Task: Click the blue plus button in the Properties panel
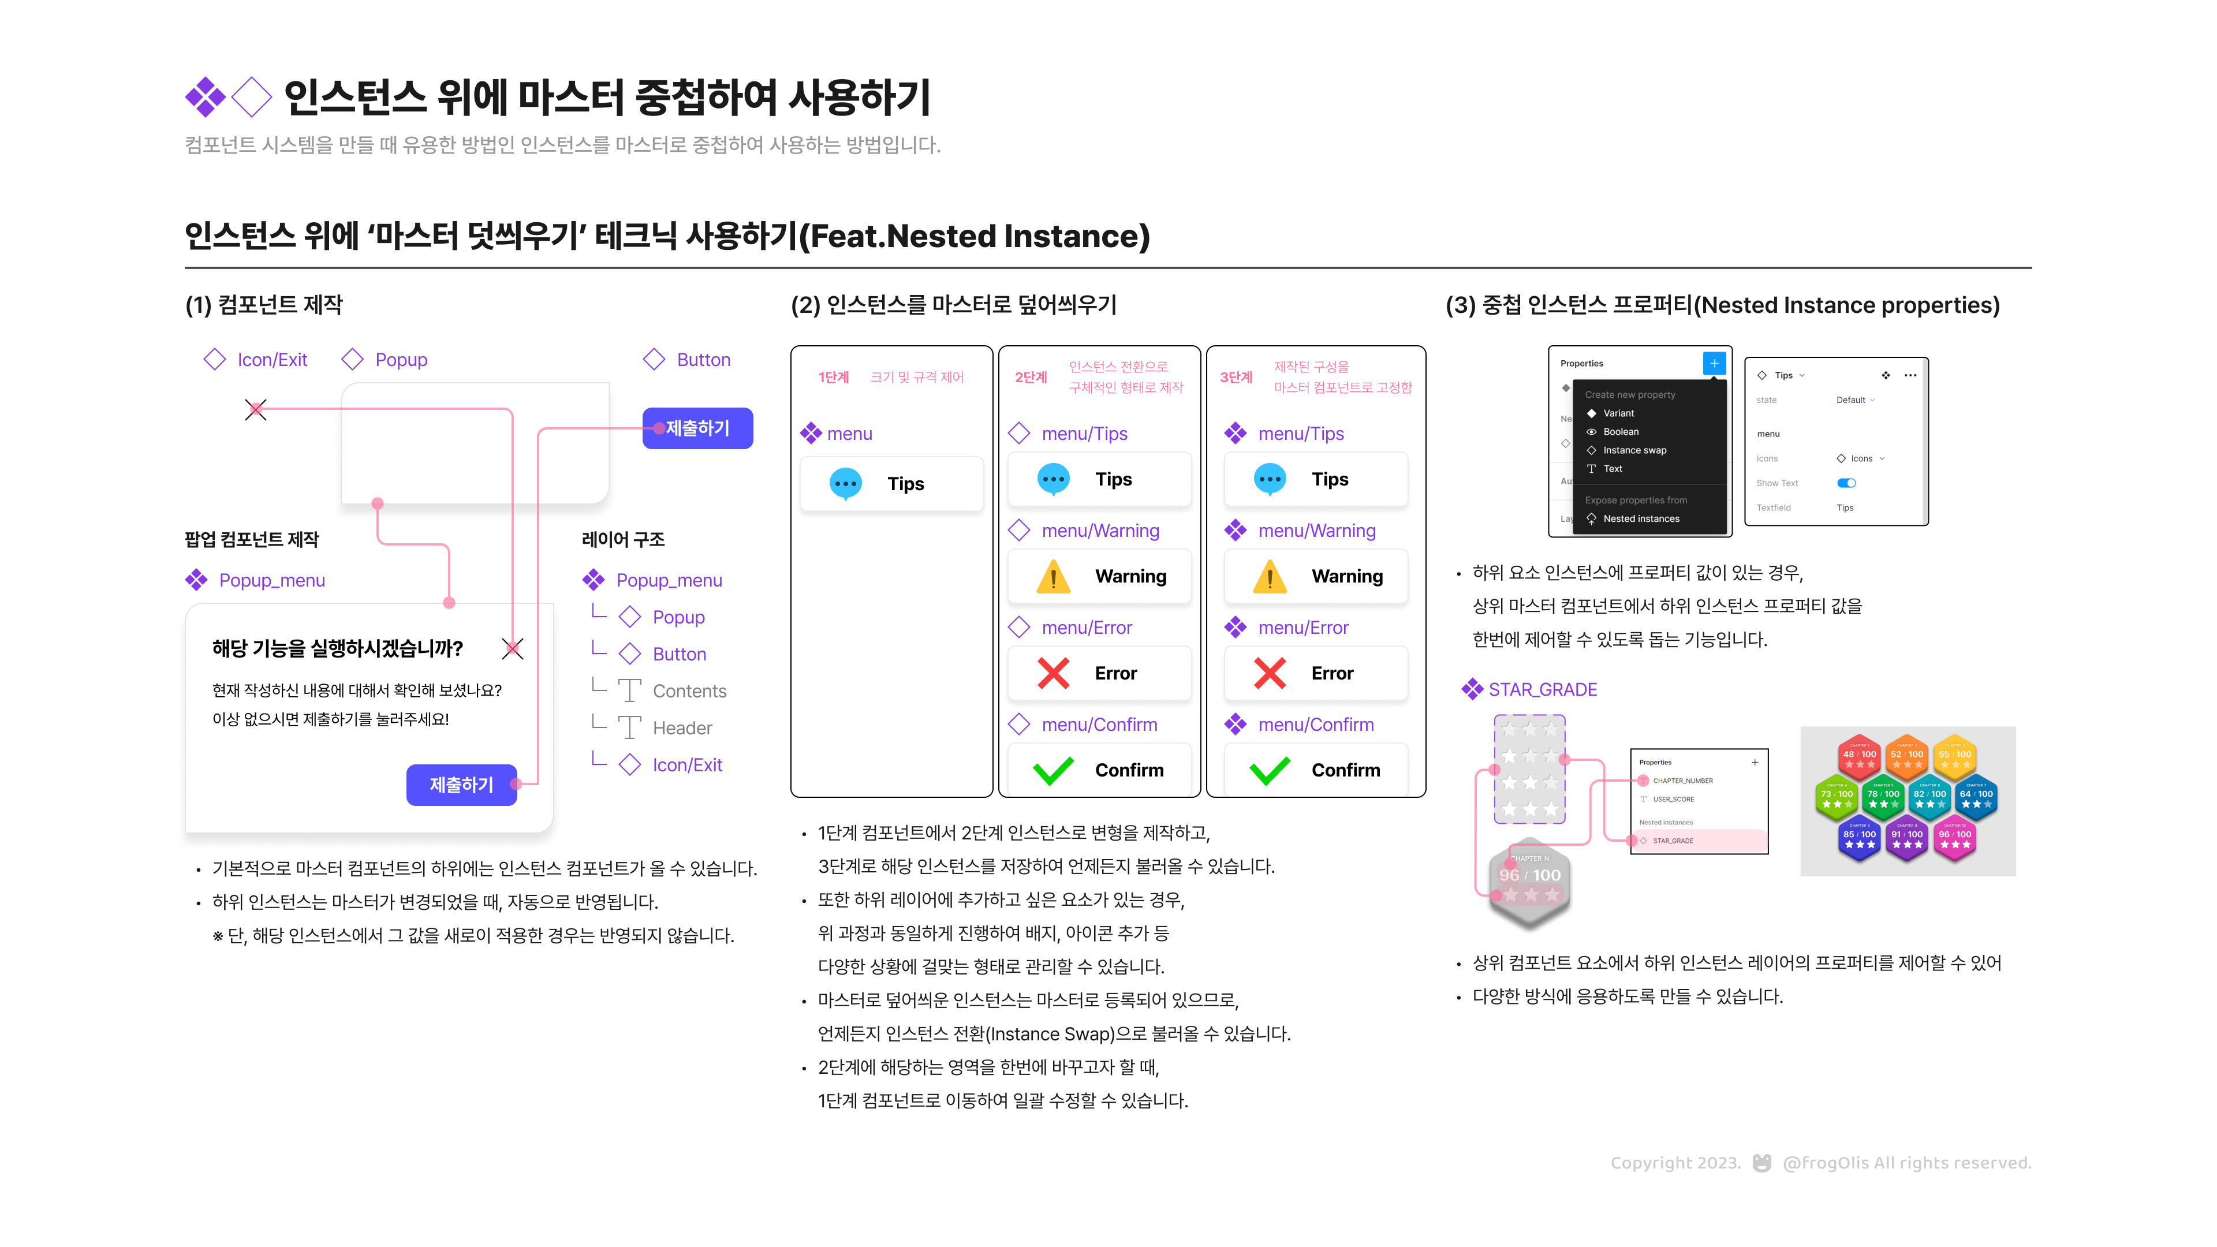tap(1714, 363)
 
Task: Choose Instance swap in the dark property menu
tap(1633, 450)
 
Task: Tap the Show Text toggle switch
tap(1846, 483)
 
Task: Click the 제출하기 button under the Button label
tap(697, 428)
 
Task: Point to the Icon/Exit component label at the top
tap(271, 360)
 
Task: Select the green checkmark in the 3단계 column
tap(1270, 770)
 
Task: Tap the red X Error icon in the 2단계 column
tap(1054, 673)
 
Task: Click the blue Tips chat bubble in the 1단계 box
tap(846, 484)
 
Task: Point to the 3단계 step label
tap(1236, 377)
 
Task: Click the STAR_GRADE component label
tap(1542, 689)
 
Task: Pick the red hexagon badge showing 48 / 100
tap(1859, 755)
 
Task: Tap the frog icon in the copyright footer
tap(1761, 1163)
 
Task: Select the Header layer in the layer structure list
tap(682, 728)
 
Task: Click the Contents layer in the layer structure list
tap(689, 691)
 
